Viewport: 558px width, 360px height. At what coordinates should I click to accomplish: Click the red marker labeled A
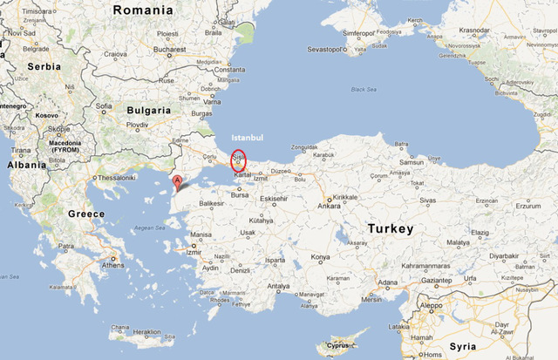point(178,181)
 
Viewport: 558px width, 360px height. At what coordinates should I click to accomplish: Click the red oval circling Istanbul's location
point(238,161)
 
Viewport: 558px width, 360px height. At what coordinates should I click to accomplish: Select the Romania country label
point(144,10)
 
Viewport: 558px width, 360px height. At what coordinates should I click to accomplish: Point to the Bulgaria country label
point(147,111)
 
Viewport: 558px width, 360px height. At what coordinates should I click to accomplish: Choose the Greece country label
point(86,214)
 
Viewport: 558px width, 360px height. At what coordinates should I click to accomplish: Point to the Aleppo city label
point(430,307)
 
